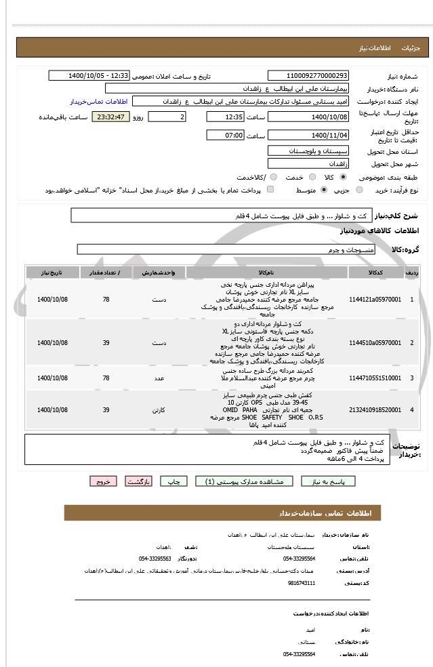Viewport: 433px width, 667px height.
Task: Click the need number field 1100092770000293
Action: (x=308, y=76)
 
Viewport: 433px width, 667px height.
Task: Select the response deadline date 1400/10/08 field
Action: (x=308, y=117)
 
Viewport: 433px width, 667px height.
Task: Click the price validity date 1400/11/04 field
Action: (x=308, y=136)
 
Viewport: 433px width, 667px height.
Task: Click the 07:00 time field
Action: (x=225, y=136)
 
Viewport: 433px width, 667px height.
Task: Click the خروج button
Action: (x=102, y=481)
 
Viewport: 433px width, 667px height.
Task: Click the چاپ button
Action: (x=174, y=481)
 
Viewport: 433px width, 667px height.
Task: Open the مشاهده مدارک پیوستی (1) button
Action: (x=244, y=481)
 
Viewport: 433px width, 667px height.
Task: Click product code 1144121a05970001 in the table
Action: (x=375, y=299)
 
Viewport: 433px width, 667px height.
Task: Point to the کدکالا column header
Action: (x=375, y=272)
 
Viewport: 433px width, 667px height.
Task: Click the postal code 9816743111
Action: (x=301, y=582)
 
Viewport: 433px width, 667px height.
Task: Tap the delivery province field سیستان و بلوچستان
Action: (x=308, y=150)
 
